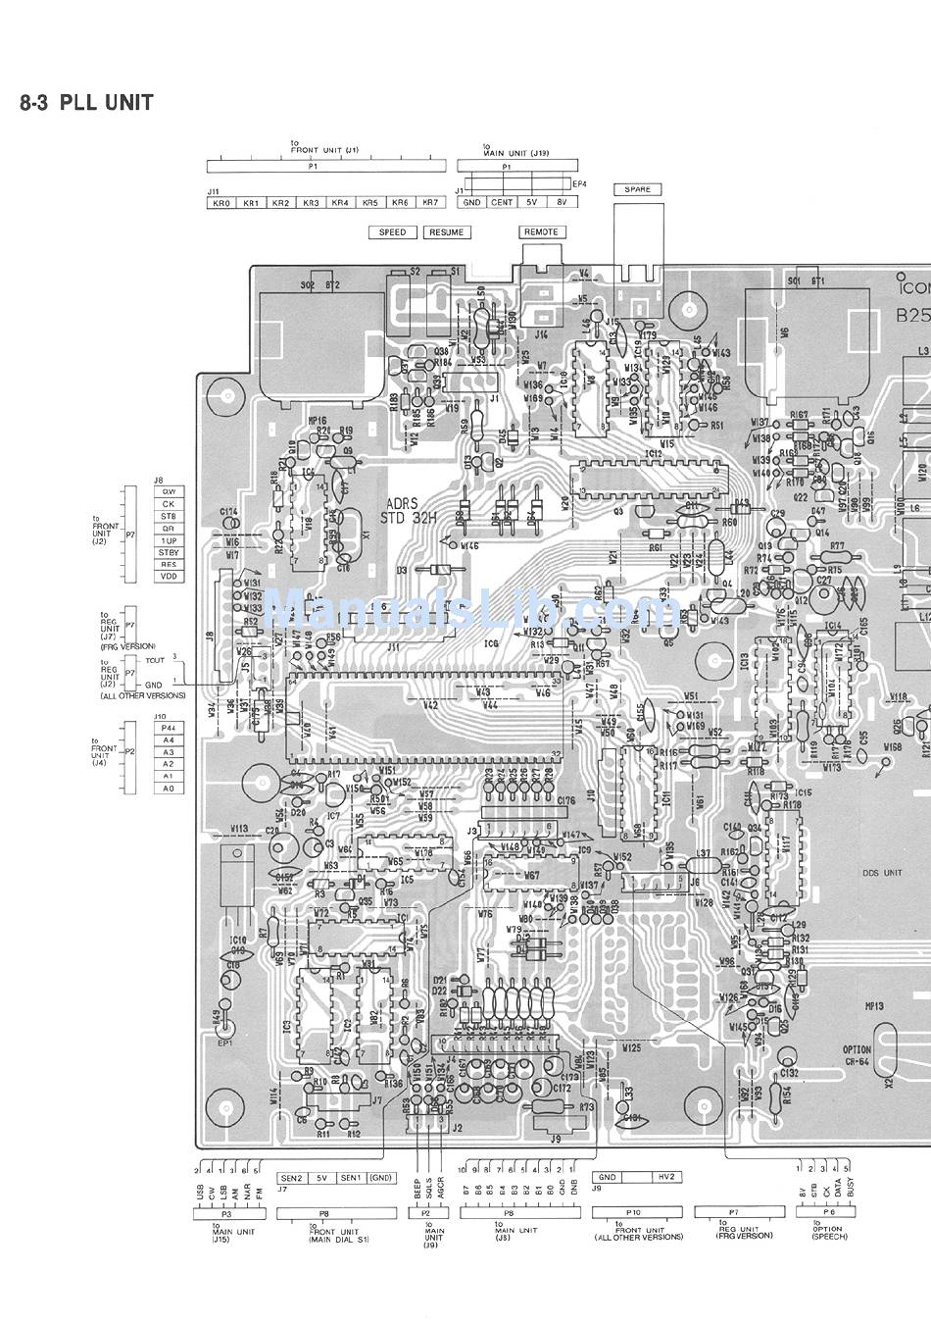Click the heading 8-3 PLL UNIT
pos(86,102)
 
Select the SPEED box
pos(393,232)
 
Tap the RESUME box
pos(446,232)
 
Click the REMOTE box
pos(541,232)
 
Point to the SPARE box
pos(637,189)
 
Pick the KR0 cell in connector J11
pos(220,203)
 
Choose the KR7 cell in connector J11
pos(429,203)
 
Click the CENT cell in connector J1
pos(502,202)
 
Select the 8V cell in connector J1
pos(562,202)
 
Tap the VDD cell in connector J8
pos(169,577)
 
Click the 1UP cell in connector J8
pos(169,540)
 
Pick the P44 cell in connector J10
pos(169,728)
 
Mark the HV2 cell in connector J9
pos(665,1177)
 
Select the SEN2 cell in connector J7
pos(291,1177)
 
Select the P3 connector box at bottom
pos(227,1213)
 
